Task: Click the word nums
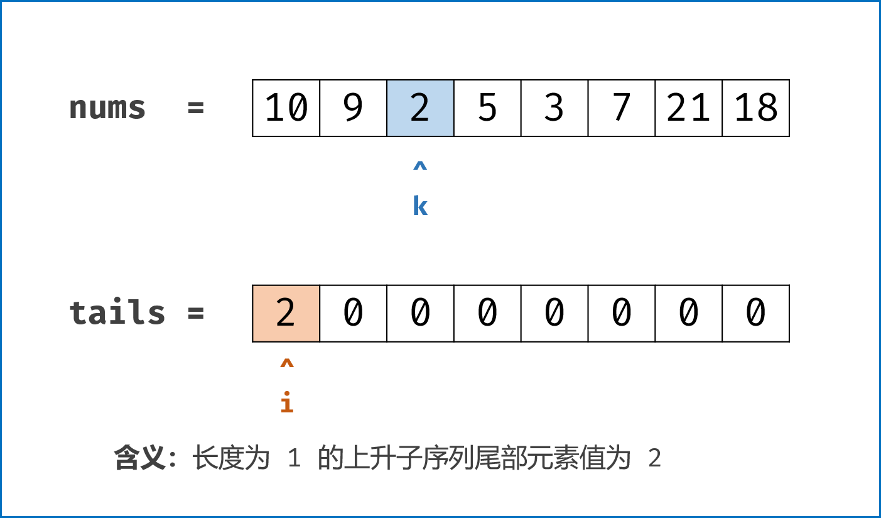pyautogui.click(x=107, y=108)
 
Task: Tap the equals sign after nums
pyautogui.click(x=196, y=108)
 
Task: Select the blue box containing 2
pyautogui.click(x=420, y=108)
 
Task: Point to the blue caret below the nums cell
pyautogui.click(x=420, y=167)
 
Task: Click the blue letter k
pyautogui.click(x=420, y=206)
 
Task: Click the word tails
pyautogui.click(x=117, y=313)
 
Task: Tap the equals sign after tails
pyautogui.click(x=196, y=313)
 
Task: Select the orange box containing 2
pyautogui.click(x=286, y=313)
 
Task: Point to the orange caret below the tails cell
pyautogui.click(x=286, y=364)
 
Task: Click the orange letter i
pyautogui.click(x=286, y=402)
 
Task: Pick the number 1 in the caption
pyautogui.click(x=293, y=459)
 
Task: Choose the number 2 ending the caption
pyautogui.click(x=654, y=459)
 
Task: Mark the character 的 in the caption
pyautogui.click(x=330, y=458)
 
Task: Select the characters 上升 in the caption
pyautogui.click(x=367, y=458)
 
